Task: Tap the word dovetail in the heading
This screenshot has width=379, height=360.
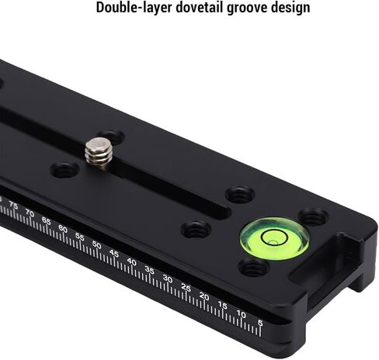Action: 199,7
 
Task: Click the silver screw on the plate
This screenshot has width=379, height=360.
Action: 99,153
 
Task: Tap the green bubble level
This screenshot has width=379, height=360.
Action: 275,238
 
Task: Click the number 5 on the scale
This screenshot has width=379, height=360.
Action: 260,323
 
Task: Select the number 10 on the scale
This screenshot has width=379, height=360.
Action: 242,314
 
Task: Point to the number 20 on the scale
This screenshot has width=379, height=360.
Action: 204,296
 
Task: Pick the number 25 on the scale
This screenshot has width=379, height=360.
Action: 186,287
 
